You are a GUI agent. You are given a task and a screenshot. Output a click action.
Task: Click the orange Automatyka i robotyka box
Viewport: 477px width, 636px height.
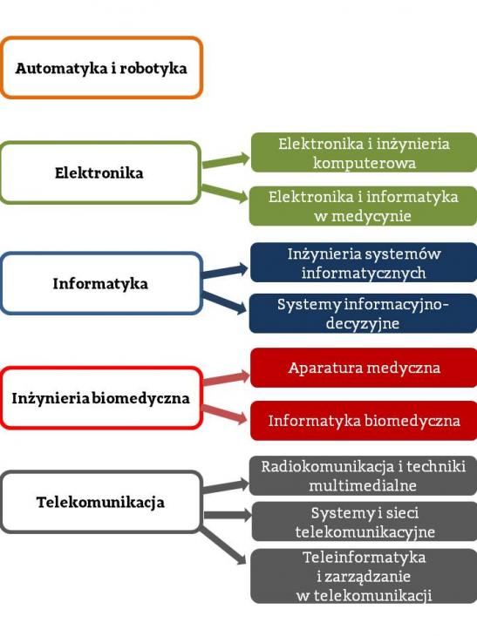point(101,68)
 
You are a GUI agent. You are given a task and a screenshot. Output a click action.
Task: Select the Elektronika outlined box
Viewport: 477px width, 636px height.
point(100,173)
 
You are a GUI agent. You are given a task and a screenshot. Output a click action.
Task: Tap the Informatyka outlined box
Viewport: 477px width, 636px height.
point(101,283)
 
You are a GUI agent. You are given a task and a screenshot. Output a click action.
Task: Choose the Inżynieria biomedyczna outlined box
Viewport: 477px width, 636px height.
point(101,398)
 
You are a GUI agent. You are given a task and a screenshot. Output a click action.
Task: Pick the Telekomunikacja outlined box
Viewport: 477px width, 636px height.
point(101,502)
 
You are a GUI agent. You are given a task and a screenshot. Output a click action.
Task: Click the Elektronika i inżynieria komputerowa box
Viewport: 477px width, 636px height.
point(364,152)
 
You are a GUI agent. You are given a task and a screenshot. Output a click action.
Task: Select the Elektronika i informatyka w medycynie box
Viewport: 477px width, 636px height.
point(363,206)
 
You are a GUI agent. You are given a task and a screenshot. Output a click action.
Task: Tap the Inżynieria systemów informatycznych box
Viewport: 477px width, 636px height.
point(364,262)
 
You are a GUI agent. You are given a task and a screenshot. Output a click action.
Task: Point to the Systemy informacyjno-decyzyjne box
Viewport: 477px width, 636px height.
point(363,314)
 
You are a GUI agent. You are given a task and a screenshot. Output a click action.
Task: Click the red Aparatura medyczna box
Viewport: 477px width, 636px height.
point(364,368)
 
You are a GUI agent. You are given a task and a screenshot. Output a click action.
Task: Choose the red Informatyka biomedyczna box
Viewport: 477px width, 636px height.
point(364,421)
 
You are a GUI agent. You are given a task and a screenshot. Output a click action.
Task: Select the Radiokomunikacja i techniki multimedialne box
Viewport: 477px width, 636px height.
point(363,476)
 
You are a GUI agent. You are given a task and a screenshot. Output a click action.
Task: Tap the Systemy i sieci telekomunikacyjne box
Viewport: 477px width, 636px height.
point(365,522)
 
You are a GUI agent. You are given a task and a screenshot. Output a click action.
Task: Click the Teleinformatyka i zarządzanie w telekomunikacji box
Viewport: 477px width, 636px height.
point(364,576)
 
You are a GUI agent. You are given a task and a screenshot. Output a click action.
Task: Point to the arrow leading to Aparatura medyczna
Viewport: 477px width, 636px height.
point(226,378)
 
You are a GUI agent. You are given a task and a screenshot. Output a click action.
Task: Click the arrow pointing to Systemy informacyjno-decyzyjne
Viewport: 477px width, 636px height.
point(224,302)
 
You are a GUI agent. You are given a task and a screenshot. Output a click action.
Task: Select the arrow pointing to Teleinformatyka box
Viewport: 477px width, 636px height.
point(223,546)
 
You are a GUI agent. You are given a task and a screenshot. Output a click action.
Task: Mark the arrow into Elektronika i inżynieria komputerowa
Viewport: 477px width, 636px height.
point(226,161)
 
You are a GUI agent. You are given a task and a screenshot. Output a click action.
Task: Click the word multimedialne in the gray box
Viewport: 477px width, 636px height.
point(363,485)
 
